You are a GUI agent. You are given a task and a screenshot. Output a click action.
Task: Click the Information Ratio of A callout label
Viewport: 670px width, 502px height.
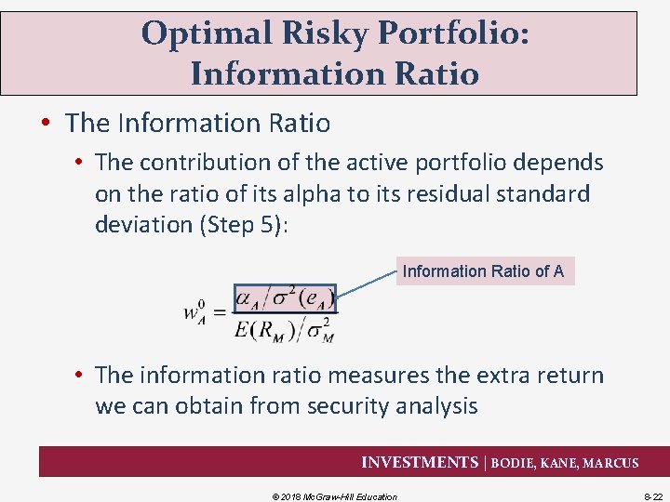point(484,271)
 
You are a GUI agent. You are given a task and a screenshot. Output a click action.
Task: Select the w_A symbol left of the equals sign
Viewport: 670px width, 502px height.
point(195,312)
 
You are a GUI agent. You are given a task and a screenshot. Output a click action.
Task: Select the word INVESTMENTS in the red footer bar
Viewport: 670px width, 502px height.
point(418,462)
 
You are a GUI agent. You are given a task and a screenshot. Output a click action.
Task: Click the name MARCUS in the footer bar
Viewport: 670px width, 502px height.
point(610,463)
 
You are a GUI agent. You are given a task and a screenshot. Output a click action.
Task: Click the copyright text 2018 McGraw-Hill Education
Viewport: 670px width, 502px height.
point(340,496)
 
